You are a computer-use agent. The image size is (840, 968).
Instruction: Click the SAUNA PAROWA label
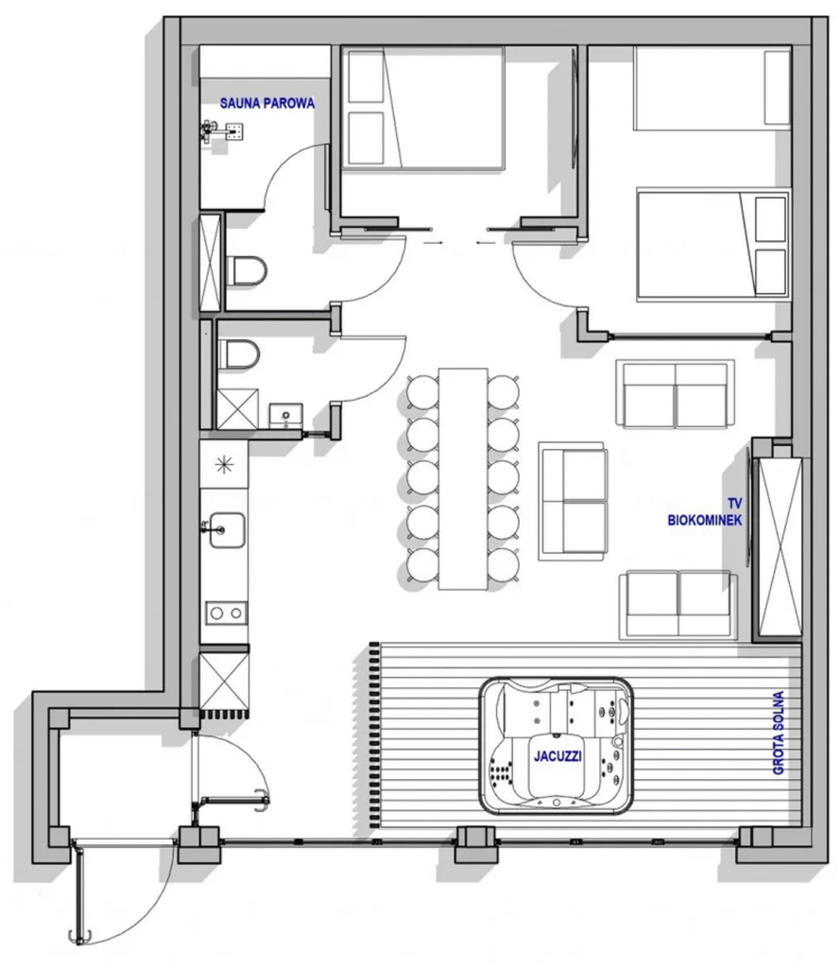click(x=267, y=103)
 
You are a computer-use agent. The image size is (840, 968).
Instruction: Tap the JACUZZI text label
click(x=557, y=755)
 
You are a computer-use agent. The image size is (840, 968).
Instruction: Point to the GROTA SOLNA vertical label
click(x=779, y=733)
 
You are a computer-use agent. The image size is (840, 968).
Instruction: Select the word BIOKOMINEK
click(x=705, y=521)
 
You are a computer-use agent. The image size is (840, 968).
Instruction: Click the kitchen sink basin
click(x=227, y=529)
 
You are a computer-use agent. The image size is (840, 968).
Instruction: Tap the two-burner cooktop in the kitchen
click(x=226, y=613)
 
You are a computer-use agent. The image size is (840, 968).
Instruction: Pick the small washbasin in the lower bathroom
click(x=285, y=415)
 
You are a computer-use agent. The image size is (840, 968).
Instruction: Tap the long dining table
click(x=463, y=478)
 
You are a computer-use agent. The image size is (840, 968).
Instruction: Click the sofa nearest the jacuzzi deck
click(x=678, y=605)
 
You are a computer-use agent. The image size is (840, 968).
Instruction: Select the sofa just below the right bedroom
click(x=676, y=394)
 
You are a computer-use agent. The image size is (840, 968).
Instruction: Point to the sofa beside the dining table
click(x=573, y=501)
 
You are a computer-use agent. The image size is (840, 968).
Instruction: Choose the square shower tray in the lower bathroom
click(x=237, y=408)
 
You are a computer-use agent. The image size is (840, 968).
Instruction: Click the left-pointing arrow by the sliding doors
click(x=486, y=243)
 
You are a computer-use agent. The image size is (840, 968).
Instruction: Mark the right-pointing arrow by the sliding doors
click(x=434, y=243)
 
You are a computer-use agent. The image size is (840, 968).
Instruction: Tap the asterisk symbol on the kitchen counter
click(x=224, y=464)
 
